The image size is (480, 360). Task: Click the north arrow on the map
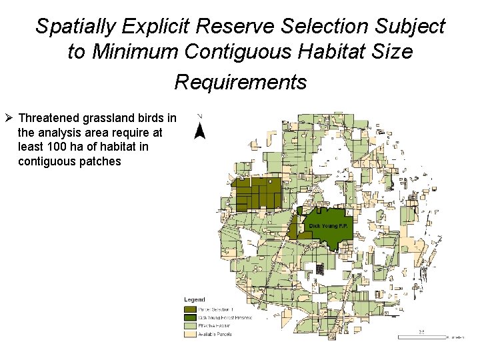[199, 128]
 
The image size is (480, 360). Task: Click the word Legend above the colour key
[195, 300]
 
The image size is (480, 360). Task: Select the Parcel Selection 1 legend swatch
[190, 309]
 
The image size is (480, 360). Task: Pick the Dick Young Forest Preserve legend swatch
[190, 317]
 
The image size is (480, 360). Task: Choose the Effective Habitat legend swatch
[190, 325]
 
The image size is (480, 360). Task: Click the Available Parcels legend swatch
[190, 333]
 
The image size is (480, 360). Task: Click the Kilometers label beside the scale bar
[456, 338]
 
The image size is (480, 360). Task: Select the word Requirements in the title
[240, 82]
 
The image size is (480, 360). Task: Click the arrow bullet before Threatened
[9, 119]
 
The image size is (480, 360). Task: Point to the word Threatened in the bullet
[49, 119]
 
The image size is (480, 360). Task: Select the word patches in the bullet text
[101, 161]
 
